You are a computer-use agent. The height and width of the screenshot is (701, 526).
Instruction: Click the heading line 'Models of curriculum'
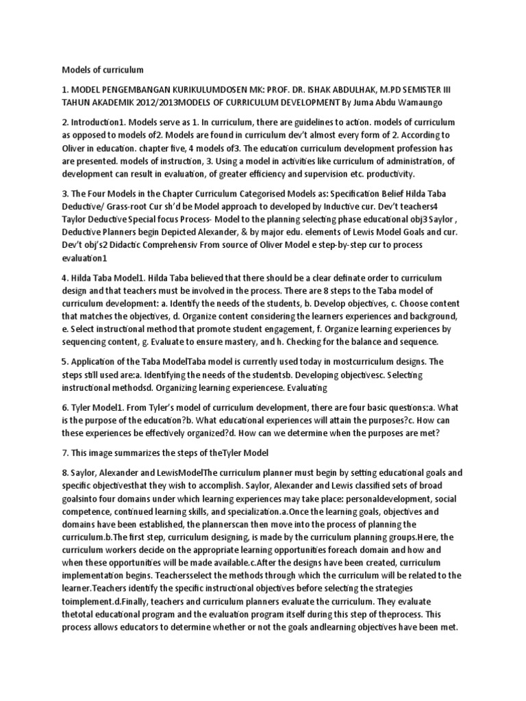click(103, 69)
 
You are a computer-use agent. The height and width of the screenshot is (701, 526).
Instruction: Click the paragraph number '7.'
click(66, 453)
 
